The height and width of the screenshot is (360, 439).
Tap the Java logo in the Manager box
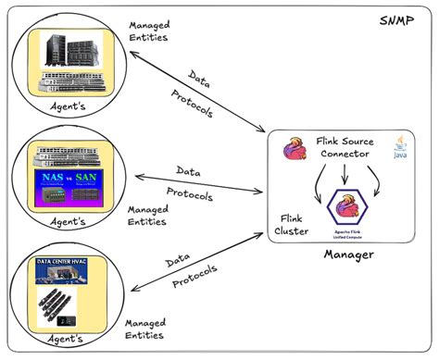(x=401, y=149)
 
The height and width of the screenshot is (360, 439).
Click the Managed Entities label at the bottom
(x=149, y=329)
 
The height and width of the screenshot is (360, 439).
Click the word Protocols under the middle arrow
(x=189, y=195)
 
